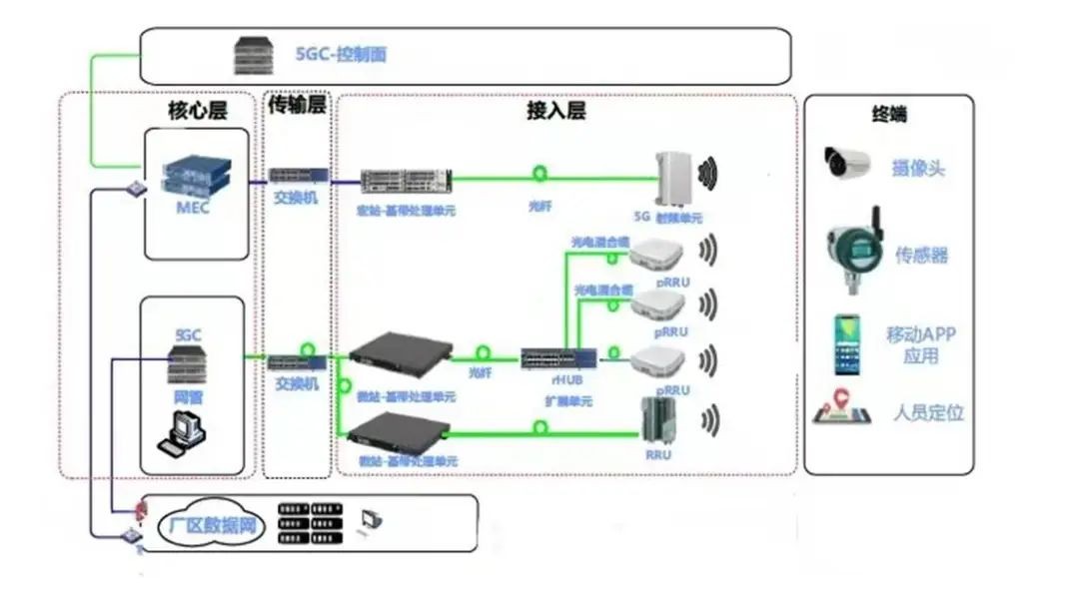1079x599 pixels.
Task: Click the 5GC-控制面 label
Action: [341, 54]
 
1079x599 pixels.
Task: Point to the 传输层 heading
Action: [298, 104]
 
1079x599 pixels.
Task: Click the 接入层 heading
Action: [555, 110]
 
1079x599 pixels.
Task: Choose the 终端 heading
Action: [888, 114]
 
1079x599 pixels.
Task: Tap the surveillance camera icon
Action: [848, 164]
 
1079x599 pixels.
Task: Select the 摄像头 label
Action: [918, 168]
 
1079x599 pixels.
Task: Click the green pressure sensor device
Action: [851, 252]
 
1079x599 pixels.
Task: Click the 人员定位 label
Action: [928, 412]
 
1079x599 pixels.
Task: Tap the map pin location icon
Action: [841, 409]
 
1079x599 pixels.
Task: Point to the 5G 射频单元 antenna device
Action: [673, 180]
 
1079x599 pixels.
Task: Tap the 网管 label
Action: [188, 396]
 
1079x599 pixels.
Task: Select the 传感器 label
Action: [921, 256]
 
